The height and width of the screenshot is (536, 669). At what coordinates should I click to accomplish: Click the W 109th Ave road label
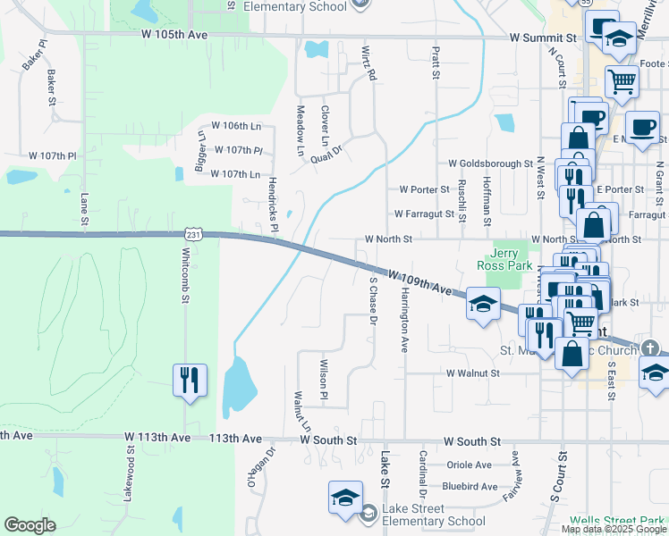(419, 282)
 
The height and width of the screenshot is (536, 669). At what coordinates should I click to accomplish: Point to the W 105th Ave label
(174, 35)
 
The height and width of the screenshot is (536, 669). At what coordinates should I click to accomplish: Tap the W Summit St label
(543, 38)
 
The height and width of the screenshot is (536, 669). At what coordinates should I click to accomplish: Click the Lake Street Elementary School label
(434, 515)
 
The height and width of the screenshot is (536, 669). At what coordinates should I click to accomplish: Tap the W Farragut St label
(425, 214)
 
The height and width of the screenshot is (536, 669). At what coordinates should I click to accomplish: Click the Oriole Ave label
(470, 465)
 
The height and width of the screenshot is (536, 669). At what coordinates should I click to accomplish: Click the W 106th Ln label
(236, 126)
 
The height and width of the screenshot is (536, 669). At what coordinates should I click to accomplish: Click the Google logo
(30, 525)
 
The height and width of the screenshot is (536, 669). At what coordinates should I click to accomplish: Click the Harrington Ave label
(404, 319)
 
